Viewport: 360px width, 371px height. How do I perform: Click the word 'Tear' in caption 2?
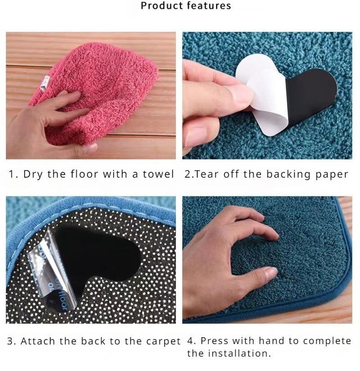(x=208, y=174)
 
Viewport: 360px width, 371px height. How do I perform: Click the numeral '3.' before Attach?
(x=12, y=341)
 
